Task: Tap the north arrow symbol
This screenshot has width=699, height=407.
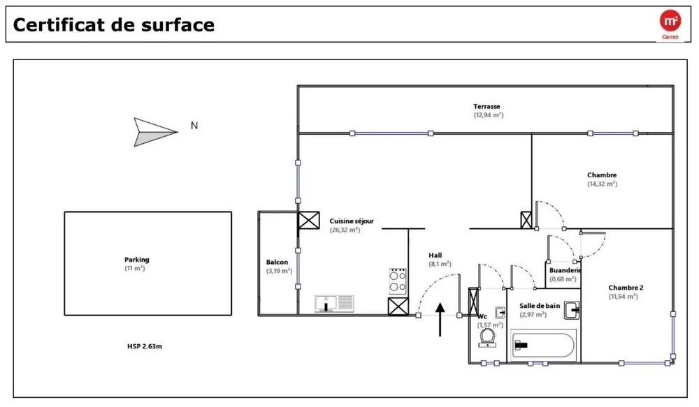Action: click(156, 132)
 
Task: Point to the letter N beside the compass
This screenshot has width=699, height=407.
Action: click(194, 126)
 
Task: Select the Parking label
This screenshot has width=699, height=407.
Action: click(137, 260)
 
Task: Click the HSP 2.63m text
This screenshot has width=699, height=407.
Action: click(145, 346)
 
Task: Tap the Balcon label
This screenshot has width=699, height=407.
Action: click(277, 262)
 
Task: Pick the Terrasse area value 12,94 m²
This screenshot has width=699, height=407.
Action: click(489, 115)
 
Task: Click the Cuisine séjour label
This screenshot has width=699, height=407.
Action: click(352, 221)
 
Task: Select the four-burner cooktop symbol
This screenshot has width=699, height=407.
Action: click(398, 281)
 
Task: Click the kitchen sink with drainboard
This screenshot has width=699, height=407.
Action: click(334, 303)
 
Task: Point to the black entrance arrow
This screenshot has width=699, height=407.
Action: click(440, 319)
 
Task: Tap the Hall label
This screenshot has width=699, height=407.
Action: click(435, 255)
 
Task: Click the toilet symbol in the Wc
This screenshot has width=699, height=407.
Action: click(487, 338)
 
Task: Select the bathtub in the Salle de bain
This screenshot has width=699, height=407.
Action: click(543, 345)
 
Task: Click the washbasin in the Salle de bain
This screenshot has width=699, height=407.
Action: click(572, 310)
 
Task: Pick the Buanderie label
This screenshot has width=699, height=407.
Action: click(565, 270)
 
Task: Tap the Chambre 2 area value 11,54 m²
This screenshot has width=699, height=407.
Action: click(624, 297)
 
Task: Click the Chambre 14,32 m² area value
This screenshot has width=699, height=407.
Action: click(603, 184)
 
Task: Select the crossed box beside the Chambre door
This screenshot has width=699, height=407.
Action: click(526, 220)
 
